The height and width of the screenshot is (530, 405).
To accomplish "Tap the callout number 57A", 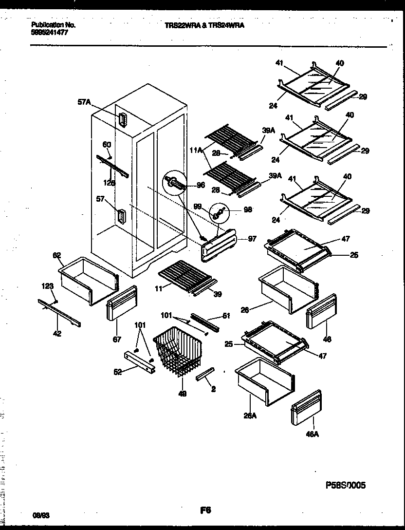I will tap(84, 102).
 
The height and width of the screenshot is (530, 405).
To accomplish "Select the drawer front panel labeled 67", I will tap(121, 303).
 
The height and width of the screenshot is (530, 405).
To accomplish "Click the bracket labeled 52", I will tap(139, 363).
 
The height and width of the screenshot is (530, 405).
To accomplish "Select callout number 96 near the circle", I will tap(200, 185).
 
